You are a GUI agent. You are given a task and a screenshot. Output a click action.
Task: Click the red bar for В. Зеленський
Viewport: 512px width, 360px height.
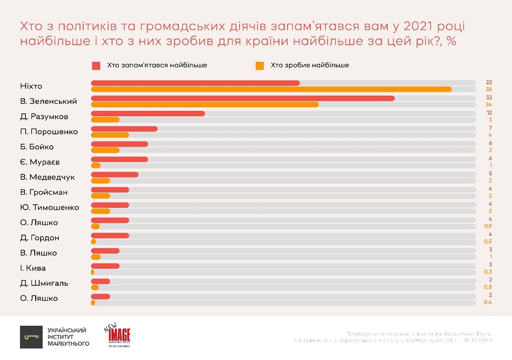[243, 98]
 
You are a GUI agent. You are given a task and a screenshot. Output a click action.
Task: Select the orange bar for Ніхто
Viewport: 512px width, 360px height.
[271, 89]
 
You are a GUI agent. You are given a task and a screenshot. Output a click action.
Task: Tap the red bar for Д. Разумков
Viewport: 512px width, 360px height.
[148, 114]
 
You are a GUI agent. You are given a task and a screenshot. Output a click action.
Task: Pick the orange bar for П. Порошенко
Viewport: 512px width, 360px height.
[110, 135]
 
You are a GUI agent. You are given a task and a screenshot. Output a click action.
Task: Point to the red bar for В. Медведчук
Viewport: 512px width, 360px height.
[115, 174]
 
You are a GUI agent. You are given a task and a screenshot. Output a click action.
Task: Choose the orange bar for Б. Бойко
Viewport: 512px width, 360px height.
[105, 150]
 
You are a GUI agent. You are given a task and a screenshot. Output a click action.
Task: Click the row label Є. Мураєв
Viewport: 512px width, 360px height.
[36, 162]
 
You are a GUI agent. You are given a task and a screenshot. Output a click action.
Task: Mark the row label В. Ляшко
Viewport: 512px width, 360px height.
[37, 253]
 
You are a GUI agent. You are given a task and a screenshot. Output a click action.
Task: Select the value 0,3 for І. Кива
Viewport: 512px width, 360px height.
[487, 272]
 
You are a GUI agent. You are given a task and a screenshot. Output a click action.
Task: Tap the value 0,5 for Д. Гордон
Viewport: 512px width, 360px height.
[487, 242]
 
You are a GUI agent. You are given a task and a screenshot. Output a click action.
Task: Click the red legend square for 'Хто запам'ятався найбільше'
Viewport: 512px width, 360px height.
[96, 65]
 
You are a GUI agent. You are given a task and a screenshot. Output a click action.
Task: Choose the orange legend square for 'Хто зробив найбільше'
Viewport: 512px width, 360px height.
[260, 65]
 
